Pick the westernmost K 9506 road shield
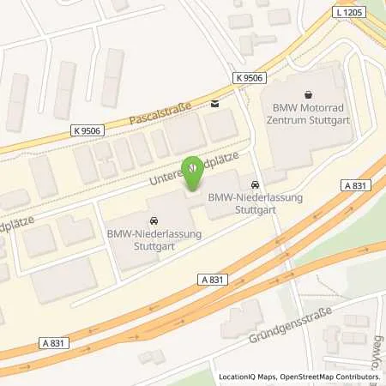[85, 130]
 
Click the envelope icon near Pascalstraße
[214, 105]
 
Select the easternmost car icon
[255, 184]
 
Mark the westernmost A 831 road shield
[52, 342]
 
